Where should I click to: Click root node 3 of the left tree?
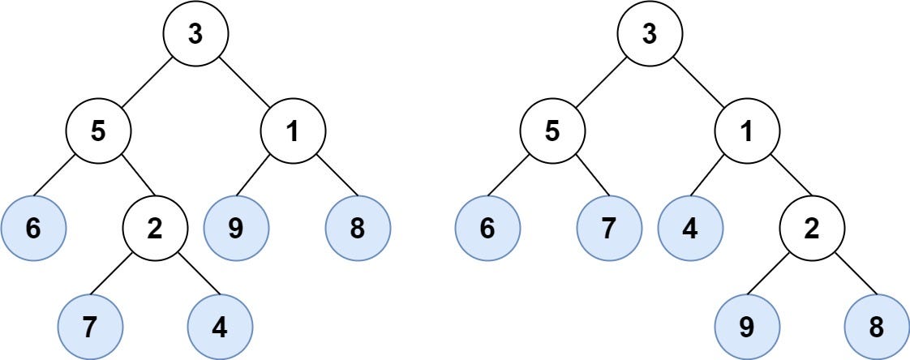[x=195, y=34]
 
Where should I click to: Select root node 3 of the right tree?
[x=650, y=34]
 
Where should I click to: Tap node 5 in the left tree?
[x=98, y=131]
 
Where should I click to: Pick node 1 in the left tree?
[x=293, y=131]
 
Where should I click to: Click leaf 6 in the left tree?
[x=32, y=229]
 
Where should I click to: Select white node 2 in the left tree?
[x=155, y=229]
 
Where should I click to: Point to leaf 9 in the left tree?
[x=236, y=229]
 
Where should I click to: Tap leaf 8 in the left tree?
[x=358, y=229]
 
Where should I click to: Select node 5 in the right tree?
[x=552, y=131]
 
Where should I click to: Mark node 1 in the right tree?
[x=747, y=131]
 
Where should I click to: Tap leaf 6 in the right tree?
[x=487, y=229]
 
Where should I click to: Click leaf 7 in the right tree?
[x=609, y=229]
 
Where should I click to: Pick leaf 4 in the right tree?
[x=690, y=229]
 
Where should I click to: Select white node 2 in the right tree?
[x=812, y=229]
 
